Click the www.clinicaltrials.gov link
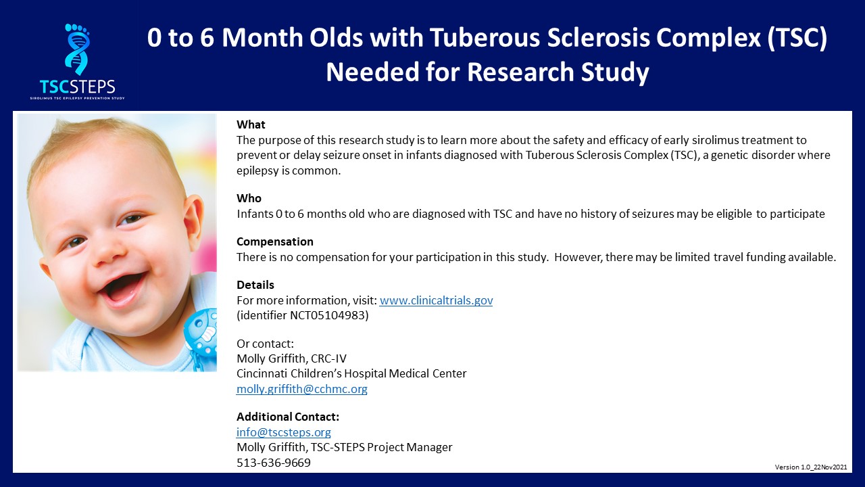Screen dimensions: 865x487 436,300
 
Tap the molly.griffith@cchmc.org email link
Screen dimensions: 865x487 302,389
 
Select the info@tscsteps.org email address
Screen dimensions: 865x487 284,432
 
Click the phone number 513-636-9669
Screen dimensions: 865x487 274,462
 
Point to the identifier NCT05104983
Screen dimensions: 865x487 328,315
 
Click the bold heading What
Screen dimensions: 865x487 251,124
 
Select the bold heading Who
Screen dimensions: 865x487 249,198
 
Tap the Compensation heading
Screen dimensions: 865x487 275,241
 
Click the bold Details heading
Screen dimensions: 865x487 255,285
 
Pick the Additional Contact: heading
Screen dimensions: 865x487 288,417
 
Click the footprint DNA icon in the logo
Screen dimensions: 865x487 77,49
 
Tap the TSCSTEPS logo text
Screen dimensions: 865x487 77,87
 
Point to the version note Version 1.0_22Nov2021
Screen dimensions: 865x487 811,467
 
